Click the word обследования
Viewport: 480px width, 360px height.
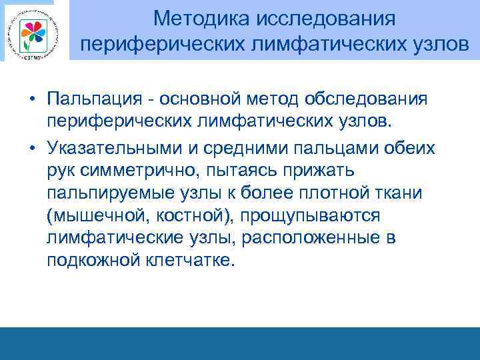(x=366, y=99)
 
